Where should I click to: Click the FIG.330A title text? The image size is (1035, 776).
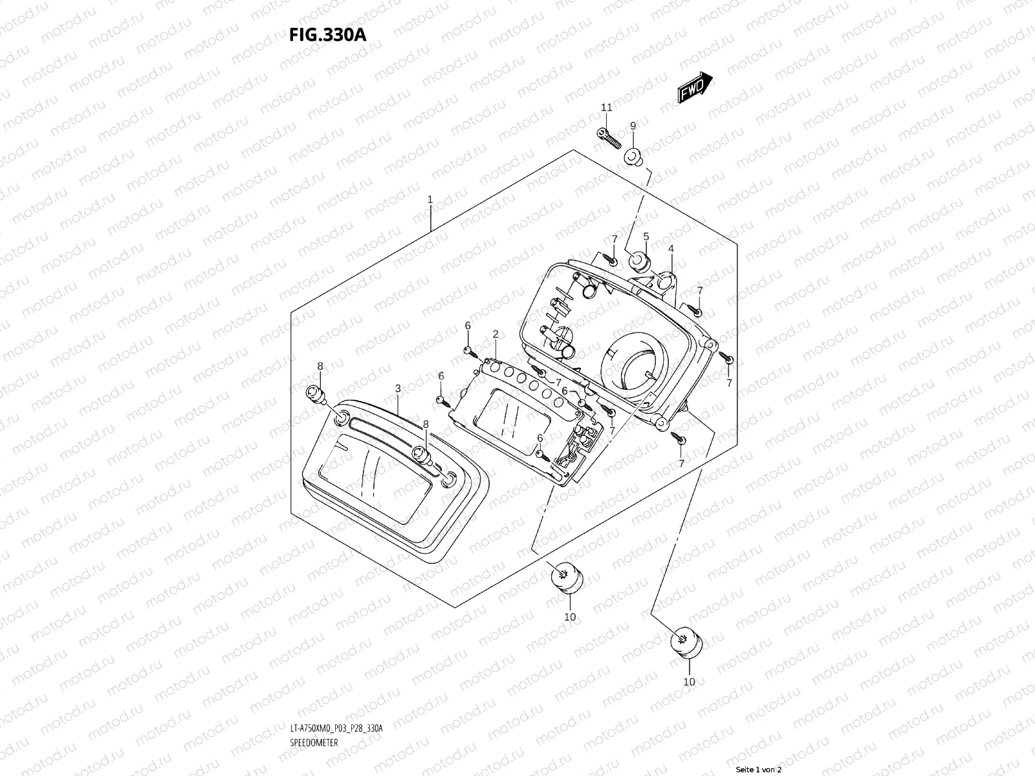pos(327,34)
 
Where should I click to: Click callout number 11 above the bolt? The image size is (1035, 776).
pos(606,107)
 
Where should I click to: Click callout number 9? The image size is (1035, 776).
pos(633,125)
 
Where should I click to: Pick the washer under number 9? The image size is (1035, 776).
pos(633,157)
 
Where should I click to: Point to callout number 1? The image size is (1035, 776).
pos(430,200)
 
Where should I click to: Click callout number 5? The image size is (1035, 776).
pos(646,237)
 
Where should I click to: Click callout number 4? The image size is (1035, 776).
pos(671,248)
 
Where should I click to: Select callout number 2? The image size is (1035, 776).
pos(496,334)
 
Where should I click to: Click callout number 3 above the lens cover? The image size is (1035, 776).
pos(398,388)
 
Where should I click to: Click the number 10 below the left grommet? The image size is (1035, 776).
pos(569,617)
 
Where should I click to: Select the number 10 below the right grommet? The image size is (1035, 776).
pos(690,682)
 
